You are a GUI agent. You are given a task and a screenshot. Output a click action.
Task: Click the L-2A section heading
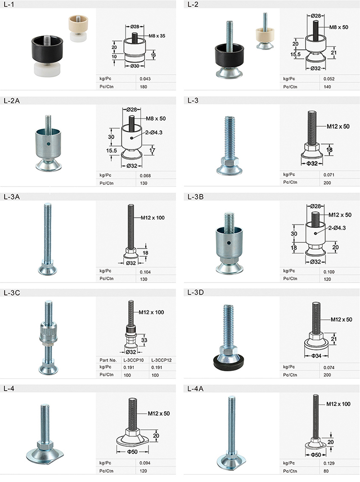12,101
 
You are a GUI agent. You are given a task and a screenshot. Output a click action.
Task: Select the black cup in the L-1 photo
47,49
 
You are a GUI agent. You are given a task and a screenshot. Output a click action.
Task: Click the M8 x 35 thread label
157,36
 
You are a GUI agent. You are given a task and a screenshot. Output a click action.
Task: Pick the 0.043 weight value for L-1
145,79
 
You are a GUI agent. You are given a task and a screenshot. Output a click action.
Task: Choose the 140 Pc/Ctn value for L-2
327,86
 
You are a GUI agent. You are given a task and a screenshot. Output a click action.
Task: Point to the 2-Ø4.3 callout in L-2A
154,132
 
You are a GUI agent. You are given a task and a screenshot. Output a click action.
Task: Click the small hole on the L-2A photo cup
49,144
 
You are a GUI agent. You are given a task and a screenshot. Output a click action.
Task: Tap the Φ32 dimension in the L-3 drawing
312,164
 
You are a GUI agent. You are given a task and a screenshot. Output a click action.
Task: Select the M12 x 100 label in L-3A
153,218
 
